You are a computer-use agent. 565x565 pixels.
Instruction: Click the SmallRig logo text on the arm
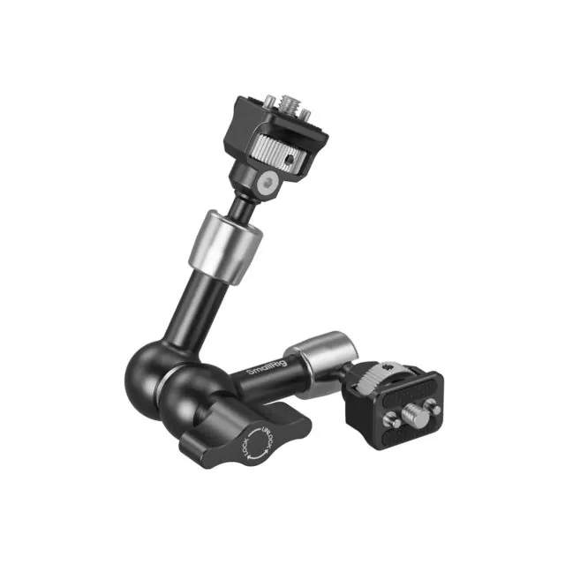[x=267, y=367]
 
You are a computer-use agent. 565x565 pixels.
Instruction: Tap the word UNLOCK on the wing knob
[x=267, y=440]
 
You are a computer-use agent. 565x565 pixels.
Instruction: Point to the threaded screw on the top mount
[x=289, y=103]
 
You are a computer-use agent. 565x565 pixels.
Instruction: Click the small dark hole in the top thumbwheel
[x=288, y=159]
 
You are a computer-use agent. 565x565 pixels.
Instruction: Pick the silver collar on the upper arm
[x=226, y=247]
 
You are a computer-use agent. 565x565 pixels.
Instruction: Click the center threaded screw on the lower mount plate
[x=416, y=415]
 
